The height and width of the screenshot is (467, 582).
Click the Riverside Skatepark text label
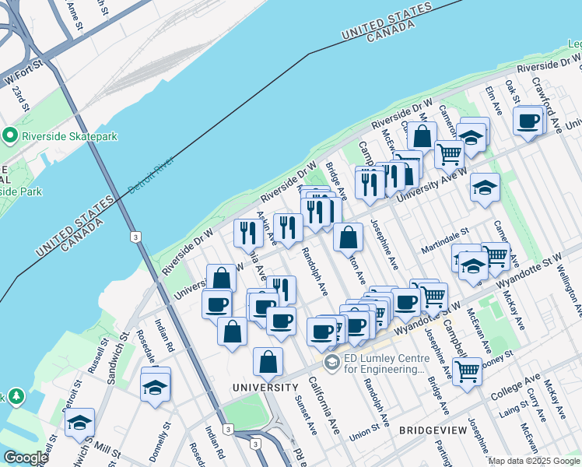coord(68,136)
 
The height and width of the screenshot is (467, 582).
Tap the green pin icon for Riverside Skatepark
coord(10,136)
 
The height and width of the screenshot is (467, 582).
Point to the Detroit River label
coord(151,175)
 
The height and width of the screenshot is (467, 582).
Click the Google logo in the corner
coord(26,458)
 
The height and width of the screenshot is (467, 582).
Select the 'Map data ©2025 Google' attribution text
coord(534,461)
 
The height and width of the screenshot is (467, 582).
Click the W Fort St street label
coord(21,77)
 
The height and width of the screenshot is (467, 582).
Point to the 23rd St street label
coord(19,97)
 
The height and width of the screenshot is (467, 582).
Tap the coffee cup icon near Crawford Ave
coord(528,121)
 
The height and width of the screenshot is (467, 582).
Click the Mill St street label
coord(107,451)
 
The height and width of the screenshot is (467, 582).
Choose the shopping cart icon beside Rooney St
coord(467,371)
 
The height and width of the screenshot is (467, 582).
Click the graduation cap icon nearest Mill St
coord(79,422)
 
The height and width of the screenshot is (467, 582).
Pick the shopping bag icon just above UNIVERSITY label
coord(268,361)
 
